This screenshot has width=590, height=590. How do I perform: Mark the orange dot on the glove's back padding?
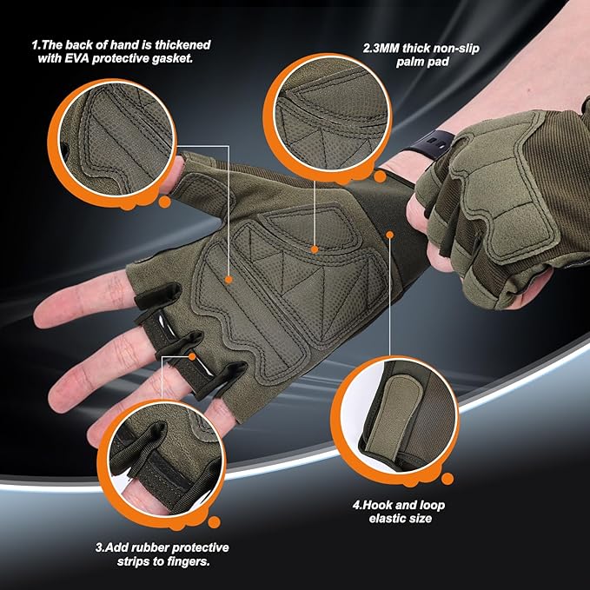click(x=229, y=280)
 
